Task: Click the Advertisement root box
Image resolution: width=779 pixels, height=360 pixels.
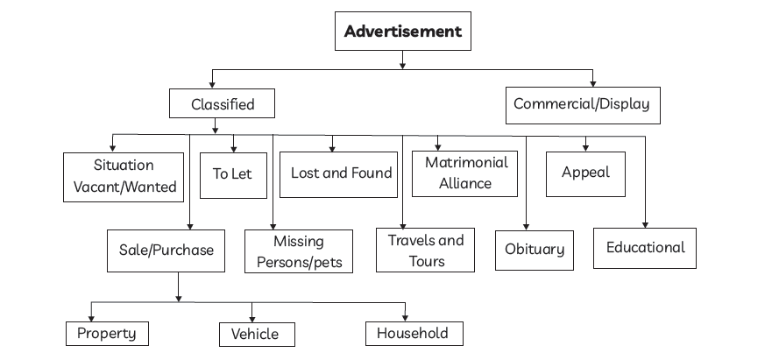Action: coord(402,32)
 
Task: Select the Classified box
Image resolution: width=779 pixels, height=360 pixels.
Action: coord(223,104)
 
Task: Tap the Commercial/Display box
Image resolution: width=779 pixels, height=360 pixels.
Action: coord(582,104)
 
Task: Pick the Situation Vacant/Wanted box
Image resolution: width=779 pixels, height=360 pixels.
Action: coord(124,175)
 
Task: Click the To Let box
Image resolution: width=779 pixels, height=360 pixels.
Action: coord(231,173)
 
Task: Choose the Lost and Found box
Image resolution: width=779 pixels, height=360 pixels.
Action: coord(340,173)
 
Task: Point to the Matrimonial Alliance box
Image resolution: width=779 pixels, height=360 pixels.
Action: coord(465,173)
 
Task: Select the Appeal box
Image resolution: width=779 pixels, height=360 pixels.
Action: coord(585,173)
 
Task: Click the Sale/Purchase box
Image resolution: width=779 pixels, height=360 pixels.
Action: coord(166,250)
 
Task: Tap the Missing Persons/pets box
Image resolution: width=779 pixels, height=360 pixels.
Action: coord(299,251)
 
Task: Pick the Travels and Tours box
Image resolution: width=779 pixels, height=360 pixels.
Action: coord(426,250)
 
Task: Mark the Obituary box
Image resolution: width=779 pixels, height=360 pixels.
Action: coord(535,250)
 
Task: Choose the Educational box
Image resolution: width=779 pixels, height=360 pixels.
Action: coord(645,248)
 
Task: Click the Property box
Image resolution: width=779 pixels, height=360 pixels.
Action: coord(107,333)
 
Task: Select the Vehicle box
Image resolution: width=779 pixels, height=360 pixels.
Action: coord(255,334)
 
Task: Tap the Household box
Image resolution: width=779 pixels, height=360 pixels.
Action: coord(413,333)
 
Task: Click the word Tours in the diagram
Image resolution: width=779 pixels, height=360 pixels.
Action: coord(427,261)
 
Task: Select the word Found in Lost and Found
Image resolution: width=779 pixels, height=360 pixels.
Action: coord(372,173)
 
